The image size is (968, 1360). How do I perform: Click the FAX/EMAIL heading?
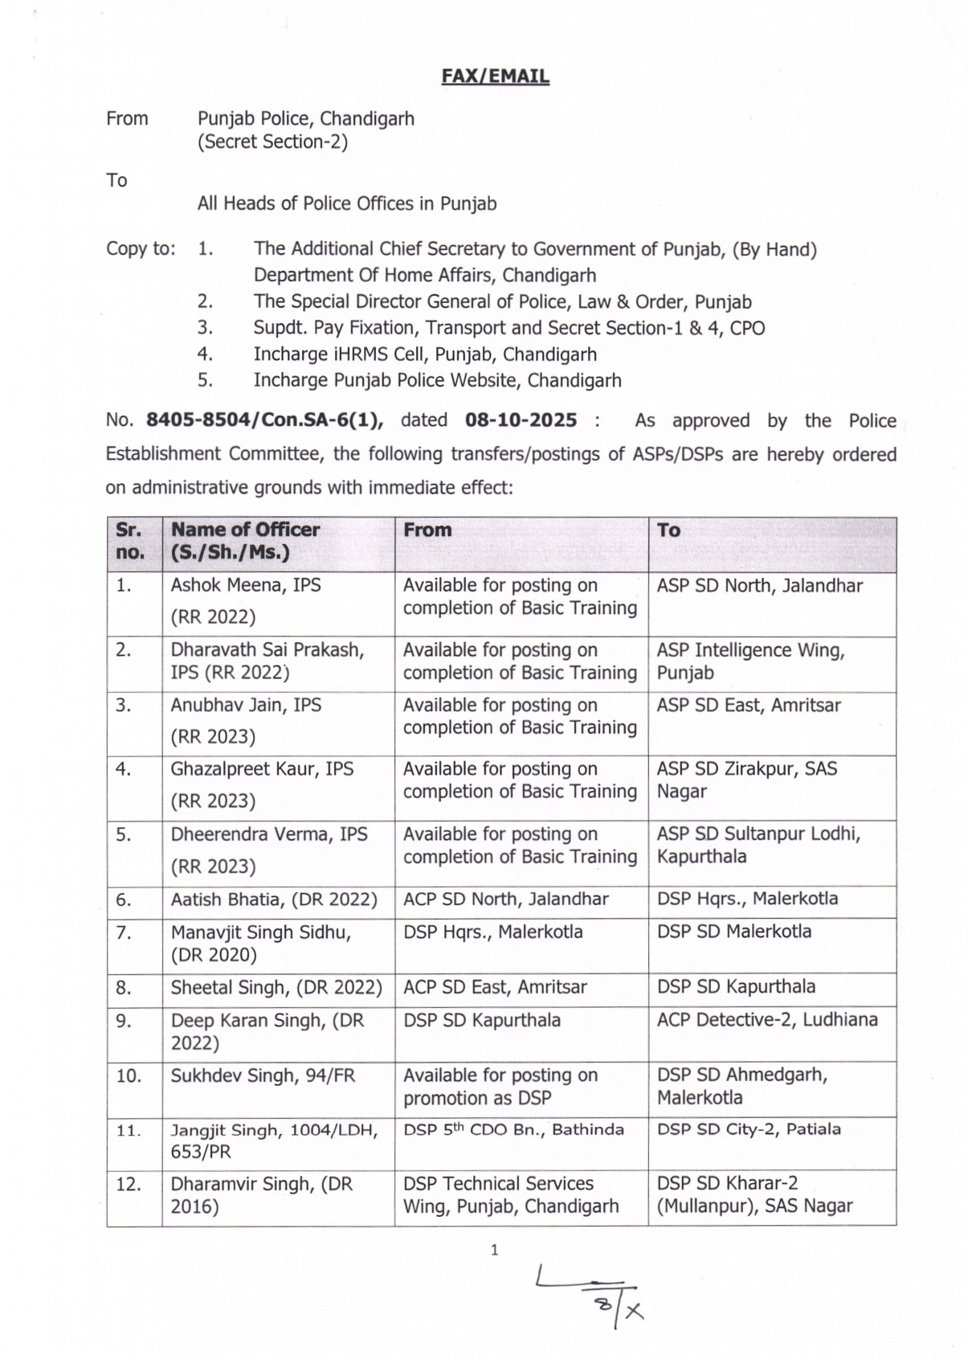pyautogui.click(x=495, y=76)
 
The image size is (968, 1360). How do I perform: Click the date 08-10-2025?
pyautogui.click(x=521, y=420)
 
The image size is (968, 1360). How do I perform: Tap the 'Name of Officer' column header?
pyautogui.click(x=245, y=541)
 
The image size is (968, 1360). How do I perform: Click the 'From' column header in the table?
pyautogui.click(x=427, y=530)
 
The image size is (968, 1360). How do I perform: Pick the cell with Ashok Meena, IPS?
pyautogui.click(x=246, y=585)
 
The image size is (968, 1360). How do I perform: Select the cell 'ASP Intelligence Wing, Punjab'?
pyautogui.click(x=750, y=661)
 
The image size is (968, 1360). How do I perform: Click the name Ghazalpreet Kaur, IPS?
pyautogui.click(x=262, y=769)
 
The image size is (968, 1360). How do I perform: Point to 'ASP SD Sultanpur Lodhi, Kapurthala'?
pyautogui.click(x=758, y=845)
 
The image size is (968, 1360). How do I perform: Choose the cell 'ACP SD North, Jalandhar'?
pyautogui.click(x=505, y=899)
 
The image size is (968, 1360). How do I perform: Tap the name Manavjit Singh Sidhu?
pyautogui.click(x=260, y=932)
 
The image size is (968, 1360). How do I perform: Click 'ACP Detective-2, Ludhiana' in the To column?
pyautogui.click(x=767, y=1020)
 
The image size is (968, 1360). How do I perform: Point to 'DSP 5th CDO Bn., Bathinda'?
pyautogui.click(x=513, y=1129)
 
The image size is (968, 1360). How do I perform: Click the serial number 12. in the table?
pyautogui.click(x=129, y=1184)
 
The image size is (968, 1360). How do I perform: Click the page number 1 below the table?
pyautogui.click(x=495, y=1250)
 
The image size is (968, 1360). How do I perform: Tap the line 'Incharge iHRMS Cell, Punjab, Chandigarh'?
pyautogui.click(x=425, y=354)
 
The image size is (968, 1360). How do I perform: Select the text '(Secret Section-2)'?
pyautogui.click(x=272, y=142)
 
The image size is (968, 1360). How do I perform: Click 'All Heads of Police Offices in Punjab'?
pyautogui.click(x=347, y=203)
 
